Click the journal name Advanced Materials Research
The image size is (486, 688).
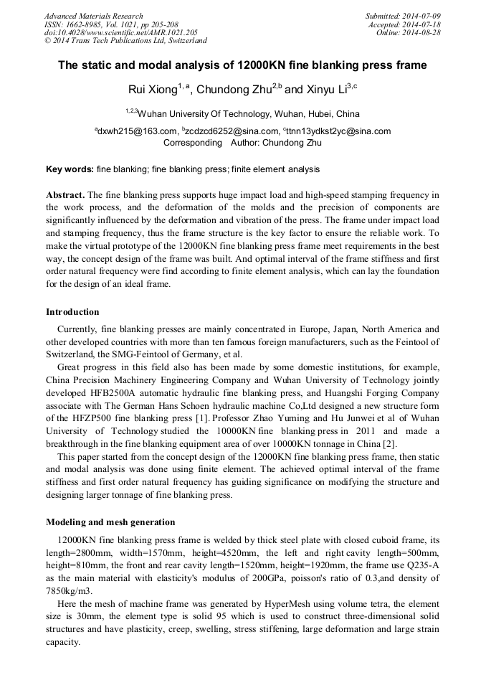coord(93,16)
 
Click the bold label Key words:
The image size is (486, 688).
coord(70,170)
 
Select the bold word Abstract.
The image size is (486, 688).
coord(65,195)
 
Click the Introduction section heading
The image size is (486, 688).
coord(72,312)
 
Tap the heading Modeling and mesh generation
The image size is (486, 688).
coord(110,522)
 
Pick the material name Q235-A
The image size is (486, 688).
coord(424,565)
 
